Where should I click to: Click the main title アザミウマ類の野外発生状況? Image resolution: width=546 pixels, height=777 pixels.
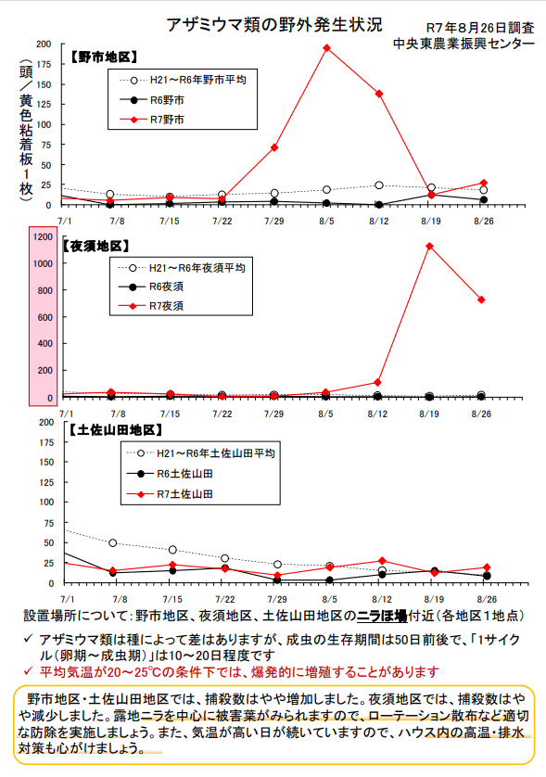274,25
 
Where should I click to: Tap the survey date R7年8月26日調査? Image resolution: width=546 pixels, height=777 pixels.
480,28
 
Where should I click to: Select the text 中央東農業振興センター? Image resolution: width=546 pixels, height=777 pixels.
463,45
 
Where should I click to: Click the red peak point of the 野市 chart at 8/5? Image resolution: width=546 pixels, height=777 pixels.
326,48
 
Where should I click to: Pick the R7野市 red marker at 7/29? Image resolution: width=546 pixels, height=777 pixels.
274,147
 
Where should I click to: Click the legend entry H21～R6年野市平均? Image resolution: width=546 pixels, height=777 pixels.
183,80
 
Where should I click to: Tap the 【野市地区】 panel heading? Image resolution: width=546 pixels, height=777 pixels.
103,57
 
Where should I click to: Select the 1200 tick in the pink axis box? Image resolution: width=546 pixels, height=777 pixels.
43,236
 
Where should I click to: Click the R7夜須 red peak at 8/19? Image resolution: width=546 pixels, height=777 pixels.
429,247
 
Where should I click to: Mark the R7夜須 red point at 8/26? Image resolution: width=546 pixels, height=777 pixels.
481,299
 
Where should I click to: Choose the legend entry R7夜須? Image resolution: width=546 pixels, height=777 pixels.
151,306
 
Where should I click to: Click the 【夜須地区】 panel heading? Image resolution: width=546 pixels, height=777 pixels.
95,247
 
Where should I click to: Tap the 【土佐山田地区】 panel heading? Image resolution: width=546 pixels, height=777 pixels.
115,430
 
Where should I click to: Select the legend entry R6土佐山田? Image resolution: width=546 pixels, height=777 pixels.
170,474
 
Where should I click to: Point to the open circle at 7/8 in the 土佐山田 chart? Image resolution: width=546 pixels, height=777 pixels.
113,543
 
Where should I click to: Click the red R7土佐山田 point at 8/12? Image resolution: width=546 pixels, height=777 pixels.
382,561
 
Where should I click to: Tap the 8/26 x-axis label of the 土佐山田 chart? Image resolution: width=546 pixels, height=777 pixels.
487,599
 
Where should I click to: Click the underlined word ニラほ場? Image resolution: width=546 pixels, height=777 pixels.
382,616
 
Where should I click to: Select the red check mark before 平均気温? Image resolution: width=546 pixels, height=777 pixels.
29,671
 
